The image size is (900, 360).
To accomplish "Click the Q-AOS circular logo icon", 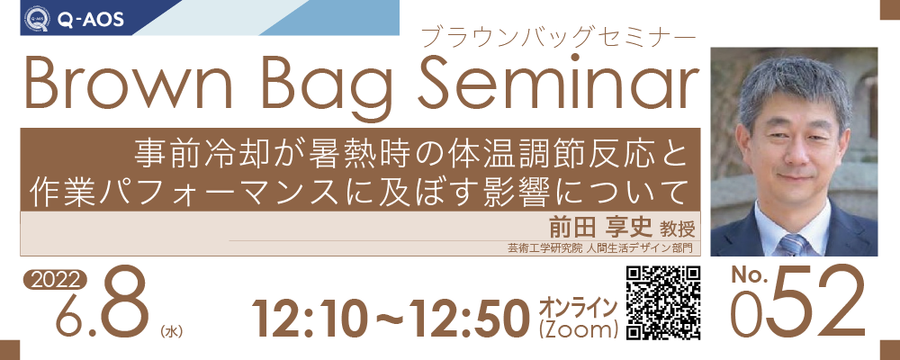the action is (37, 18).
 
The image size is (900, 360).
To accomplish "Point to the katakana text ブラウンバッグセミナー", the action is (558, 39).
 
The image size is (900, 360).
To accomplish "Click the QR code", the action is (661, 303).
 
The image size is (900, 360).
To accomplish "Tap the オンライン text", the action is (578, 308).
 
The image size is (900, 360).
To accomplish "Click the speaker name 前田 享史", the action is (600, 229).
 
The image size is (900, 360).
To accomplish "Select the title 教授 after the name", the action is (678, 229).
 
